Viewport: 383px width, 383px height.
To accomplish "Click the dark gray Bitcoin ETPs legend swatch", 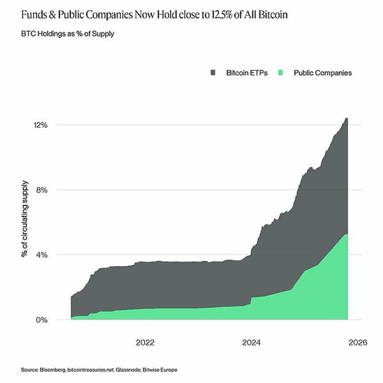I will coord(213,73).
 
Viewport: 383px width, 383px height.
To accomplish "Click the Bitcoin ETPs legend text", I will coord(247,73).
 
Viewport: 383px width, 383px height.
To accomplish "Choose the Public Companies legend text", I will coord(323,73).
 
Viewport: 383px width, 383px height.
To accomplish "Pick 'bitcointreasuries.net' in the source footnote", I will coord(90,369).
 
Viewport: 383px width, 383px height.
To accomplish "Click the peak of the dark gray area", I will coord(346,118).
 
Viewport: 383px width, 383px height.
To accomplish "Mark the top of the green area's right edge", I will coord(347,234).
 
